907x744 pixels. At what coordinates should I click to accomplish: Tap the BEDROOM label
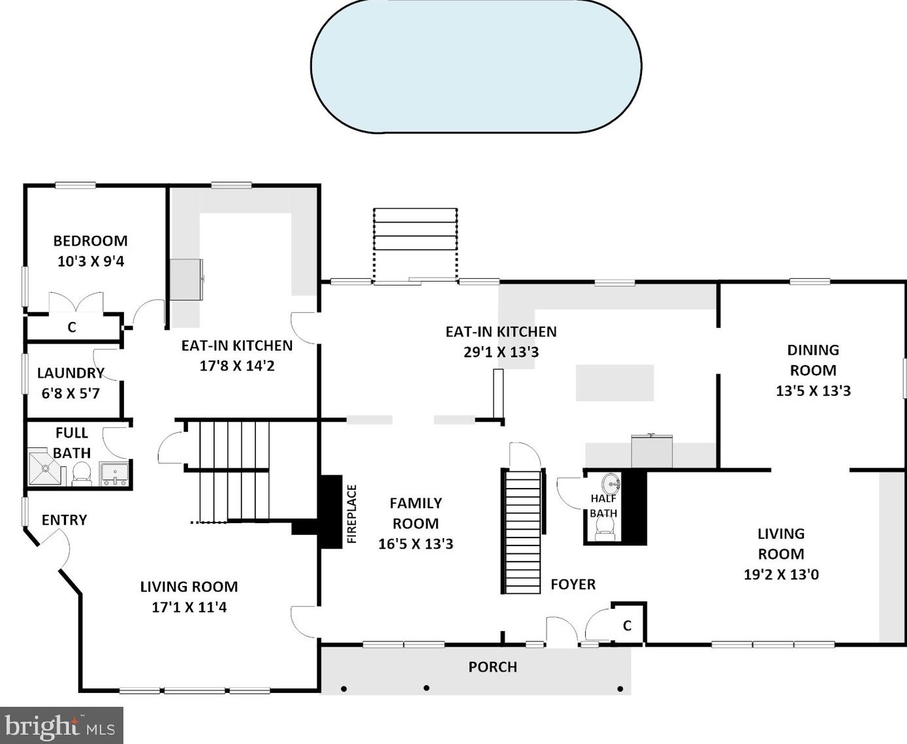[x=90, y=241]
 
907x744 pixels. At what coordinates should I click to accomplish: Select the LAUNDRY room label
[x=71, y=372]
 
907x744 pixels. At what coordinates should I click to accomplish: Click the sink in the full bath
[x=114, y=474]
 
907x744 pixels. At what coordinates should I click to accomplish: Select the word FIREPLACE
[x=352, y=514]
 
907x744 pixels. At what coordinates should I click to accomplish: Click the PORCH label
[x=493, y=667]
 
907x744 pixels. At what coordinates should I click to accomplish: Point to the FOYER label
[x=573, y=585]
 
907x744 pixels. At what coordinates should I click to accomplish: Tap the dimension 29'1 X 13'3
[x=501, y=353]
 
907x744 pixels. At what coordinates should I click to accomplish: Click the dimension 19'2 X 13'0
[x=782, y=574]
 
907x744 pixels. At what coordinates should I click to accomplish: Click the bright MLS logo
[x=61, y=726]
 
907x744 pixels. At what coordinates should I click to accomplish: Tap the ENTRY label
[x=64, y=520]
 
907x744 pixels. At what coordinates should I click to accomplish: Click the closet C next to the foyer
[x=627, y=626]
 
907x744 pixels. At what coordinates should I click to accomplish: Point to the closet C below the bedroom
[x=72, y=327]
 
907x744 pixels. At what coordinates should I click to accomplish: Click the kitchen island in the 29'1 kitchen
[x=615, y=383]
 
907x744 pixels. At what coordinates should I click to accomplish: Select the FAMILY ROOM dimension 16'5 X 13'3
[x=416, y=544]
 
